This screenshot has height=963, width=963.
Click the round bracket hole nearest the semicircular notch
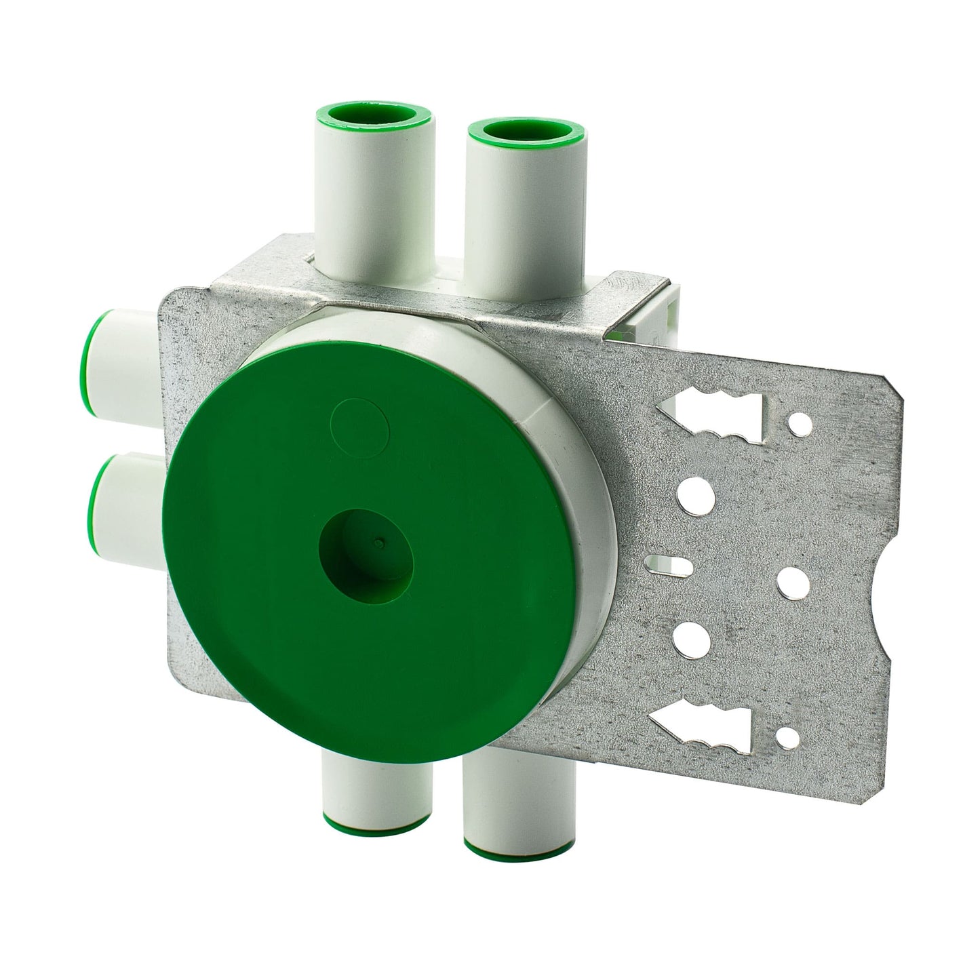coord(791,580)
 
